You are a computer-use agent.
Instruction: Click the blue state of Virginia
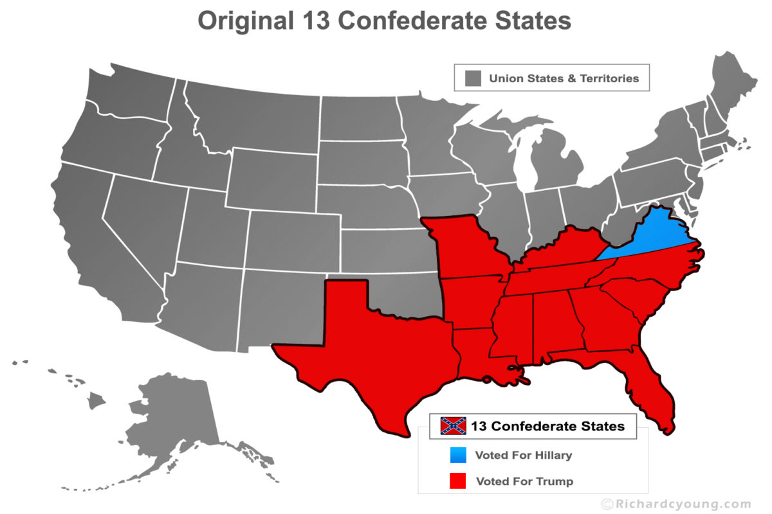pyautogui.click(x=650, y=238)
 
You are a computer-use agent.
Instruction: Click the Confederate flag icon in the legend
pyautogui.click(x=454, y=425)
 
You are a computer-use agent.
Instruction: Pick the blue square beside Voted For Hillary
pyautogui.click(x=457, y=455)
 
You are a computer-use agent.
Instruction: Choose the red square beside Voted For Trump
pyautogui.click(x=457, y=481)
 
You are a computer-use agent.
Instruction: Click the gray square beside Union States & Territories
pyautogui.click(x=473, y=78)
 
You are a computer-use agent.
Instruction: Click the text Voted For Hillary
pyautogui.click(x=523, y=456)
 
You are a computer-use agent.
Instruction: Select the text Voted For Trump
pyautogui.click(x=524, y=481)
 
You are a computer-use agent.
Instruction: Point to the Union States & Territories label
pyautogui.click(x=564, y=78)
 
